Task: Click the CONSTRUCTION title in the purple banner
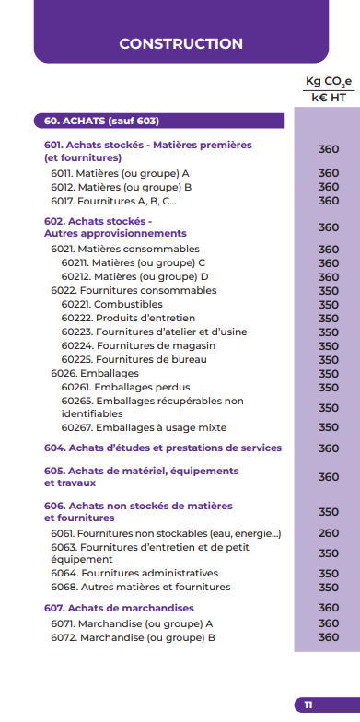pyautogui.click(x=180, y=44)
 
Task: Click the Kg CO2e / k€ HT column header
pyautogui.click(x=328, y=88)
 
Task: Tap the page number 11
pyautogui.click(x=308, y=705)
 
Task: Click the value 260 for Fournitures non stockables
pyautogui.click(x=329, y=533)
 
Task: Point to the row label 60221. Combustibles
pyautogui.click(x=111, y=304)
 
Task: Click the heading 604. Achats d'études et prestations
pyautogui.click(x=162, y=448)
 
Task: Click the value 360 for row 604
pyautogui.click(x=329, y=448)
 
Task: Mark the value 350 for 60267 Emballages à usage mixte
pyautogui.click(x=329, y=427)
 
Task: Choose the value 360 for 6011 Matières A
pyautogui.click(x=329, y=173)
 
